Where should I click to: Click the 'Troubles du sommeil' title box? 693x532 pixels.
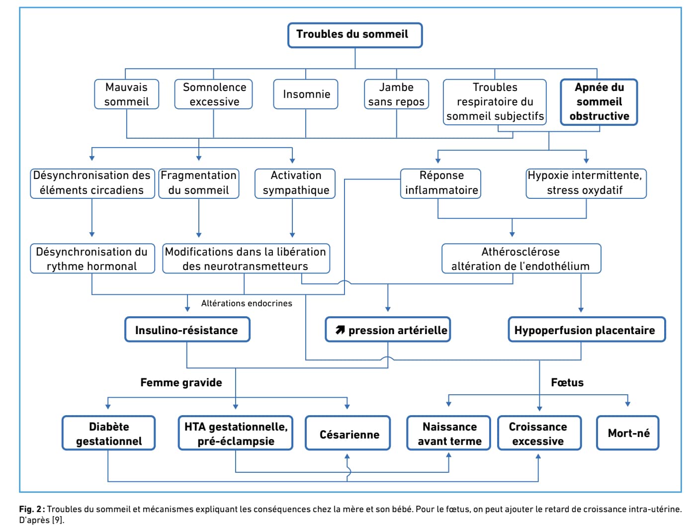click(354, 35)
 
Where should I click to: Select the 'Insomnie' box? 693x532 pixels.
click(306, 94)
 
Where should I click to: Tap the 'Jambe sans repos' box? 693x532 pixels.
click(396, 94)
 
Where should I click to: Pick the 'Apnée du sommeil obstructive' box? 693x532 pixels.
click(599, 102)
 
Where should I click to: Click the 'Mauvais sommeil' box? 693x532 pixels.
click(127, 94)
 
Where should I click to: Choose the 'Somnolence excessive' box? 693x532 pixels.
click(213, 94)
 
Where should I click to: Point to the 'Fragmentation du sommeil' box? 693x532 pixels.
click(199, 183)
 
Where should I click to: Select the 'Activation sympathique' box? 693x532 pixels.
click(295, 183)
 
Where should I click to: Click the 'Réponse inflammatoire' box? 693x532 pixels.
click(440, 183)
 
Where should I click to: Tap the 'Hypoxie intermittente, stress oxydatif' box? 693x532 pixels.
click(586, 183)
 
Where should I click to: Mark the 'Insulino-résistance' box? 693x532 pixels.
click(187, 329)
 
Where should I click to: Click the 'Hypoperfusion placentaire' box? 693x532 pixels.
click(587, 329)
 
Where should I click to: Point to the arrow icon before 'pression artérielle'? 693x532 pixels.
click(340, 330)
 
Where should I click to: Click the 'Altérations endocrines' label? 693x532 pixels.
click(247, 303)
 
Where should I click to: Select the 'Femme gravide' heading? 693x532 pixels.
click(181, 382)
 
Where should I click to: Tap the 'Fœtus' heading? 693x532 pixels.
click(567, 382)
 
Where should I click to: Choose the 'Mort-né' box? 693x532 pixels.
click(627, 433)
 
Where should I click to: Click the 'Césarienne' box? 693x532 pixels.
click(347, 433)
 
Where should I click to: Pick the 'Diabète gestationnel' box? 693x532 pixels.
click(109, 433)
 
